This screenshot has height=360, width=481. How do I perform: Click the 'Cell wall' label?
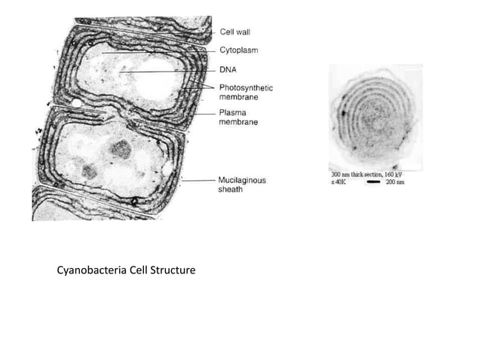pyautogui.click(x=235, y=32)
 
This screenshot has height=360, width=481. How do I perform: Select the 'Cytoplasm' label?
pyautogui.click(x=237, y=50)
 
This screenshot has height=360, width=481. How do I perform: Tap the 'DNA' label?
pyautogui.click(x=228, y=69)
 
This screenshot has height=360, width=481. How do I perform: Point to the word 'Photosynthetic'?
pyautogui.click(x=246, y=88)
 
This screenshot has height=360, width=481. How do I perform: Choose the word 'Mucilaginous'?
pyautogui.click(x=241, y=180)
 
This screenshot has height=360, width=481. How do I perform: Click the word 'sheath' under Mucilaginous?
pyautogui.click(x=231, y=190)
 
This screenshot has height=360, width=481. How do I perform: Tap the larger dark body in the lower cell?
pyautogui.click(x=118, y=149)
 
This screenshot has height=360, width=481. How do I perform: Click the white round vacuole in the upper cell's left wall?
pyautogui.click(x=78, y=100)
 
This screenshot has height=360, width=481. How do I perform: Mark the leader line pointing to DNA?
pyautogui.click(x=173, y=72)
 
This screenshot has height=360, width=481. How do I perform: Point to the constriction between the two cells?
pyautogui.click(x=121, y=115)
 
